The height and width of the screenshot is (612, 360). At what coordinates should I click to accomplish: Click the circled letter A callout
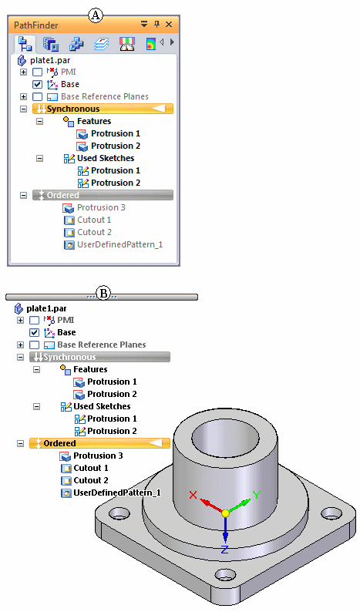coord(96,16)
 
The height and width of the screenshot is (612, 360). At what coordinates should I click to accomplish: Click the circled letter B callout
coord(103,294)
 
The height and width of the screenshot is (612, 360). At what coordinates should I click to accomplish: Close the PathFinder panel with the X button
coord(169,25)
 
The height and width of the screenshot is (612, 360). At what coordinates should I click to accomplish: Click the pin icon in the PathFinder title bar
coord(157,24)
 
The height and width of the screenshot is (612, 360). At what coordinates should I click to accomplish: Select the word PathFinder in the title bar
coord(36,25)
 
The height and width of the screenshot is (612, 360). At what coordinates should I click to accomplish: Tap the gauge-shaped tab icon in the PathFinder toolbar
coord(127,44)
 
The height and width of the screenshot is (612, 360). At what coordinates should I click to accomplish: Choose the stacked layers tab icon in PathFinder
coord(102,44)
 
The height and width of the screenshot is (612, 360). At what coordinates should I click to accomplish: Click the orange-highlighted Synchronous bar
coord(103,109)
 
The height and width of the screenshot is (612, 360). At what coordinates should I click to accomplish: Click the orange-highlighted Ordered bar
coord(99,443)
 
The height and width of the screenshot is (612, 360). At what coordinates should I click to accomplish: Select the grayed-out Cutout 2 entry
coord(95,232)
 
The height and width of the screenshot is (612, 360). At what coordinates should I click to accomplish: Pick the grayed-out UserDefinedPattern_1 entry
coord(119,244)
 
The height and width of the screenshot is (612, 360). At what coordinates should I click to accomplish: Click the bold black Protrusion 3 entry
coord(98,456)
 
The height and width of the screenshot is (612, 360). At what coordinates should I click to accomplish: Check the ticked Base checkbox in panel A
coord(37,84)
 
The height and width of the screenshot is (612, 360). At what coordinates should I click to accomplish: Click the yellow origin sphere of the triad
coord(225,513)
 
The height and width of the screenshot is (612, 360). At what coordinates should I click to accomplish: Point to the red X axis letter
coord(193,495)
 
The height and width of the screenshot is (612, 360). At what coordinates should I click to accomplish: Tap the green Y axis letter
coord(257,496)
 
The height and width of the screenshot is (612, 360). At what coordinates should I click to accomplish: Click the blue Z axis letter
coord(224,550)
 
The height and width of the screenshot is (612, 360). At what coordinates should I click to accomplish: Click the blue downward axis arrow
coord(225,530)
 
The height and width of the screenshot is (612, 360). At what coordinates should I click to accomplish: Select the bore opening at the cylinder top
coord(224,439)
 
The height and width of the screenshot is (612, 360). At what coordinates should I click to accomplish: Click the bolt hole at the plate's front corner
coord(225,575)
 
